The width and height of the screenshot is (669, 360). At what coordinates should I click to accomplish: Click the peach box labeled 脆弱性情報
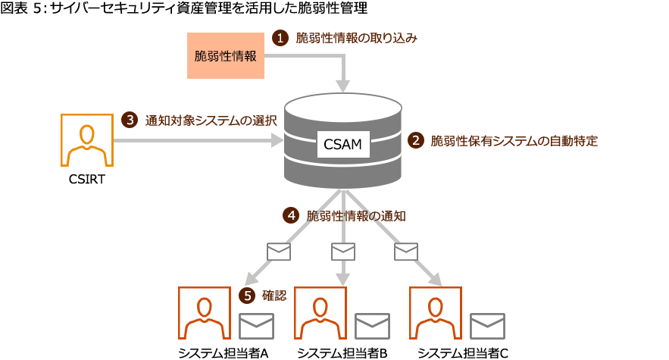(x=226, y=55)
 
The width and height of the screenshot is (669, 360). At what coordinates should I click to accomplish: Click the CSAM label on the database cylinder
(x=342, y=142)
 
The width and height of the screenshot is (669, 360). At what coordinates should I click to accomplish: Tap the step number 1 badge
(x=280, y=38)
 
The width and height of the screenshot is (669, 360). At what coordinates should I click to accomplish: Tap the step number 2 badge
(x=415, y=140)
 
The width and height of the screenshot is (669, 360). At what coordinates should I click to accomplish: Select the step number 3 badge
(x=130, y=120)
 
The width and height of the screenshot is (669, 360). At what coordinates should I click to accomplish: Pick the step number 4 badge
(x=291, y=215)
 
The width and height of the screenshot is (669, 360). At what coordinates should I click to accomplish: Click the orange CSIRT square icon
(x=86, y=140)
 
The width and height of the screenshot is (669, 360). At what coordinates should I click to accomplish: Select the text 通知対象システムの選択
(x=211, y=120)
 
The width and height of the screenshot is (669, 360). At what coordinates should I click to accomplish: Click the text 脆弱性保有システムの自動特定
(x=514, y=140)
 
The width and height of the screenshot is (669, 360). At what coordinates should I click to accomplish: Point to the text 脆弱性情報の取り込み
(x=356, y=38)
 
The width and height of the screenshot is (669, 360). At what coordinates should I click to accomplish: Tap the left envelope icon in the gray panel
(x=279, y=251)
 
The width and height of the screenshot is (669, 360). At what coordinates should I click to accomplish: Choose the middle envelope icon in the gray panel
(x=343, y=251)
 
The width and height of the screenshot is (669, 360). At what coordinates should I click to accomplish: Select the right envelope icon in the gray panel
(x=406, y=251)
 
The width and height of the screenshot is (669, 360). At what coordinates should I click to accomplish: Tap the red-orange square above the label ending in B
(x=320, y=312)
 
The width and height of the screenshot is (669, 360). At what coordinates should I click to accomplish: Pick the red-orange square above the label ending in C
(x=435, y=312)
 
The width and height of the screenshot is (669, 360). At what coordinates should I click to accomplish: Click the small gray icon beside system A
(x=256, y=326)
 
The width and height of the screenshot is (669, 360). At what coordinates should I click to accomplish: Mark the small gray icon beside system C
(x=487, y=326)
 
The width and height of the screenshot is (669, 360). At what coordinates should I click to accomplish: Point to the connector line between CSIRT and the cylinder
(x=189, y=140)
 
